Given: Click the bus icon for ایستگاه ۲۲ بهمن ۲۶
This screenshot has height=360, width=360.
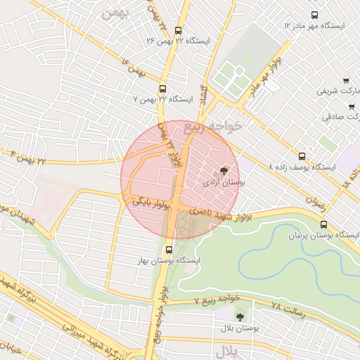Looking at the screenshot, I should (x=177, y=31).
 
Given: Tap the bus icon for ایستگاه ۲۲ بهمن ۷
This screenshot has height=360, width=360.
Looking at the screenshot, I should (x=163, y=89).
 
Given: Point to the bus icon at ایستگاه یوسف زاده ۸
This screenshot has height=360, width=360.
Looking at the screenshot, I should (x=302, y=156).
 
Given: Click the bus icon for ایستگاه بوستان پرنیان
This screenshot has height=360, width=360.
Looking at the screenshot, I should (x=323, y=224).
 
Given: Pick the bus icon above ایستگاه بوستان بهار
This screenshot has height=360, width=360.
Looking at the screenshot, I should (x=169, y=249).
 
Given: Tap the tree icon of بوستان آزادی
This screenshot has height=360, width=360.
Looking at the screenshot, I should (x=224, y=170).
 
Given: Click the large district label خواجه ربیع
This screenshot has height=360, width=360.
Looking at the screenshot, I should (x=212, y=127).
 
